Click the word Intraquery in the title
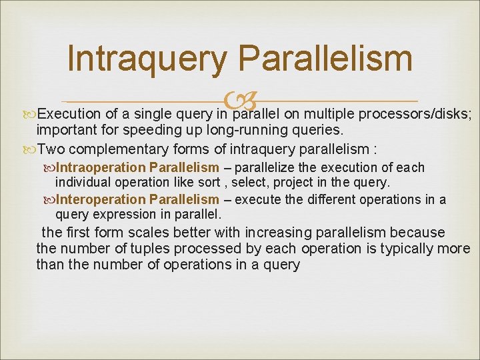tap(148, 58)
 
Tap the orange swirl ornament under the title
tap(239, 102)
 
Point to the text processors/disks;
tap(418, 113)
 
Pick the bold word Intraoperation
tap(101, 167)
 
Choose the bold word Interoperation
tap(100, 199)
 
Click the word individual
tap(83, 182)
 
